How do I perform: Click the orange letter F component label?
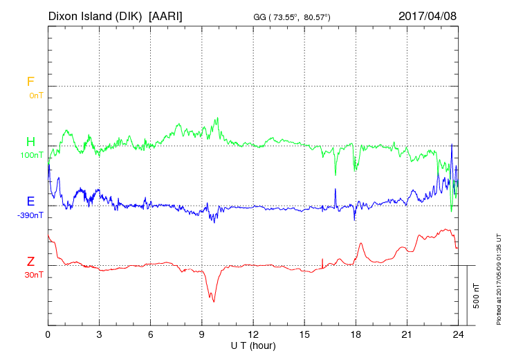(30, 82)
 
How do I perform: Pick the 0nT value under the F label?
(35, 95)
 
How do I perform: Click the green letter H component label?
(30, 142)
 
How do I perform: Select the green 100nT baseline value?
(33, 155)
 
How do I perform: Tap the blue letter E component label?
(30, 201)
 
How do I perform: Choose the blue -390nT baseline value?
(31, 215)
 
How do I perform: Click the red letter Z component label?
(30, 261)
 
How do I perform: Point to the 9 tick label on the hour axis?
(202, 334)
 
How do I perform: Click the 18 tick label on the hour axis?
(356, 334)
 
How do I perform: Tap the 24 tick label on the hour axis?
(458, 334)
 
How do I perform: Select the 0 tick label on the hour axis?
(48, 334)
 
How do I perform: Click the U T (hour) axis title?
(252, 344)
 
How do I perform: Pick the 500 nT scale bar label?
(476, 295)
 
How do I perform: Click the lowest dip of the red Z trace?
(214, 301)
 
